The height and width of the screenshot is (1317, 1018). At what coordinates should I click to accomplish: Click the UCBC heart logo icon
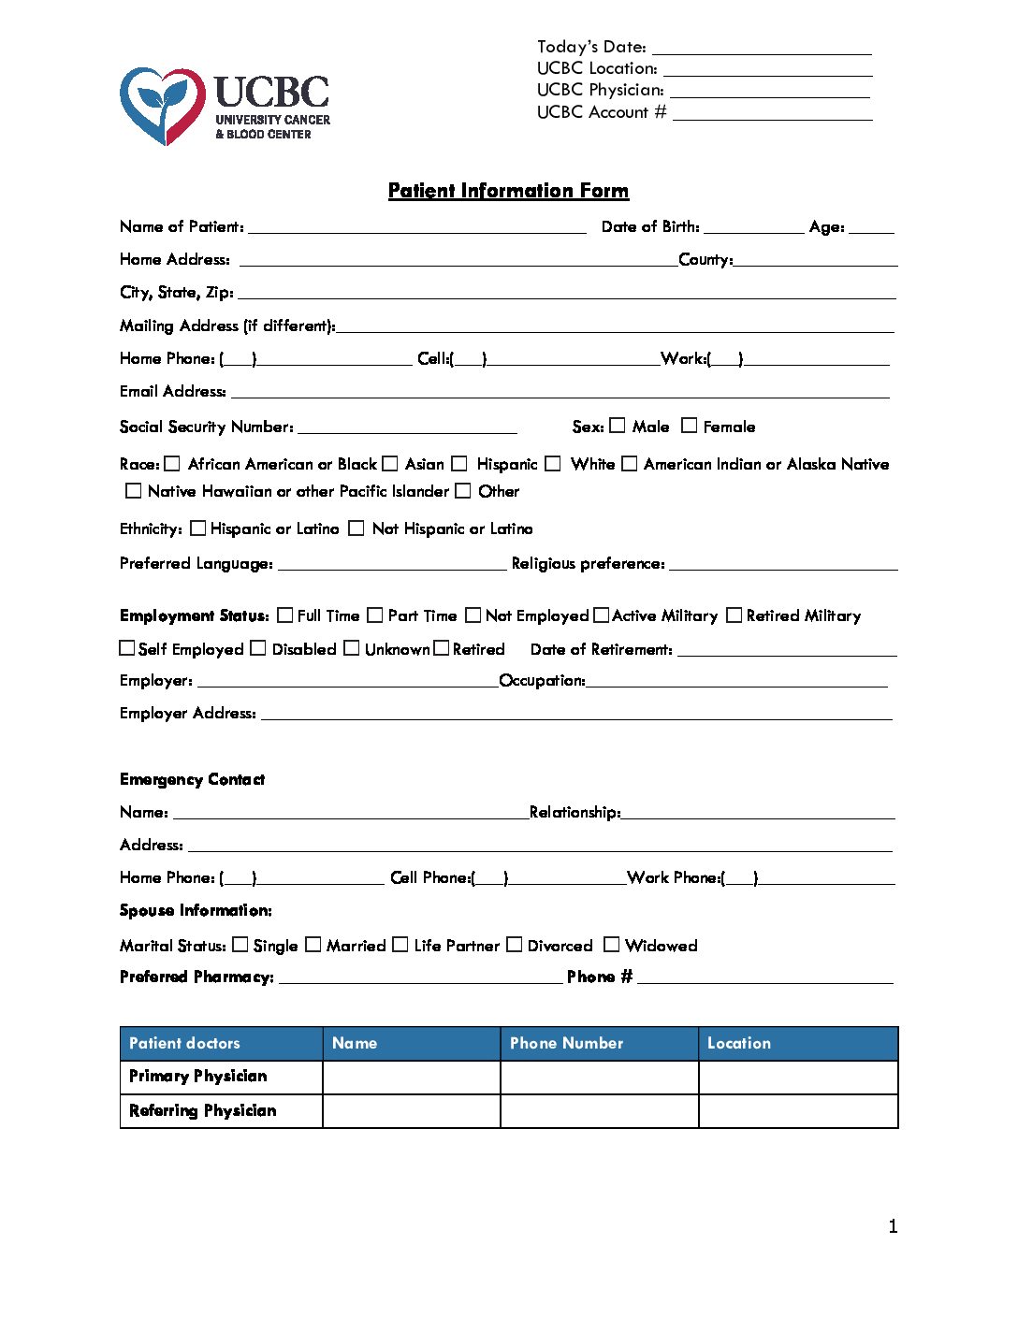pos(163,105)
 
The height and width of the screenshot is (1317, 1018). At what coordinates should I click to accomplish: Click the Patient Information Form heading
pos(508,191)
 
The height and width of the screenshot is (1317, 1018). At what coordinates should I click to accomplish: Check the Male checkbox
pos(618,426)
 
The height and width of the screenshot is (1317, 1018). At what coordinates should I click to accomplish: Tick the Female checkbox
pos(690,426)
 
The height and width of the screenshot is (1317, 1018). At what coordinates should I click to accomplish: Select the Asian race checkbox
pos(390,464)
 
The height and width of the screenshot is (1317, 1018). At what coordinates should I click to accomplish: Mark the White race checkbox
pos(553,464)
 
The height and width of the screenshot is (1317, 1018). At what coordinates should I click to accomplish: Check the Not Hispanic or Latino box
pos(356,528)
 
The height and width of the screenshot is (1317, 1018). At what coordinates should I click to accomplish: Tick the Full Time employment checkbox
pos(285,615)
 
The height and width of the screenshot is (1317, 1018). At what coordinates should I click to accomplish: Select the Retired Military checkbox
pos(734,615)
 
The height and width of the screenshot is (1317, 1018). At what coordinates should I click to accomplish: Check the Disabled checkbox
pos(258,648)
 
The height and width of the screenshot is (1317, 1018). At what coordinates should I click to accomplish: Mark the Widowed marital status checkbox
pos(612,945)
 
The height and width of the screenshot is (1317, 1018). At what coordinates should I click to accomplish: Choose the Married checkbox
pos(313,945)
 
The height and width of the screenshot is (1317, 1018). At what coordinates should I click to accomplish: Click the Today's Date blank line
pos(762,49)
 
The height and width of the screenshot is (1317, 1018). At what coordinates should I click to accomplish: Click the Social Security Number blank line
pos(407,428)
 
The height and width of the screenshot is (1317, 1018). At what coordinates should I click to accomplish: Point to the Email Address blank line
pos(560,393)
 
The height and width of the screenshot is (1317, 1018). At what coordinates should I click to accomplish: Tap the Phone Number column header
pos(566,1043)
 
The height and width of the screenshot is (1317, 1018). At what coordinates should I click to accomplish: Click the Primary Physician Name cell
pos(412,1077)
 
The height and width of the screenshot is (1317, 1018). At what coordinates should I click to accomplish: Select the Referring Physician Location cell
pos(798,1111)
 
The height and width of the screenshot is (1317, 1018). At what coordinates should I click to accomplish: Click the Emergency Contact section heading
pos(192,779)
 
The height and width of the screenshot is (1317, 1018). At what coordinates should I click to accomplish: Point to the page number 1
pos(893,1226)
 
